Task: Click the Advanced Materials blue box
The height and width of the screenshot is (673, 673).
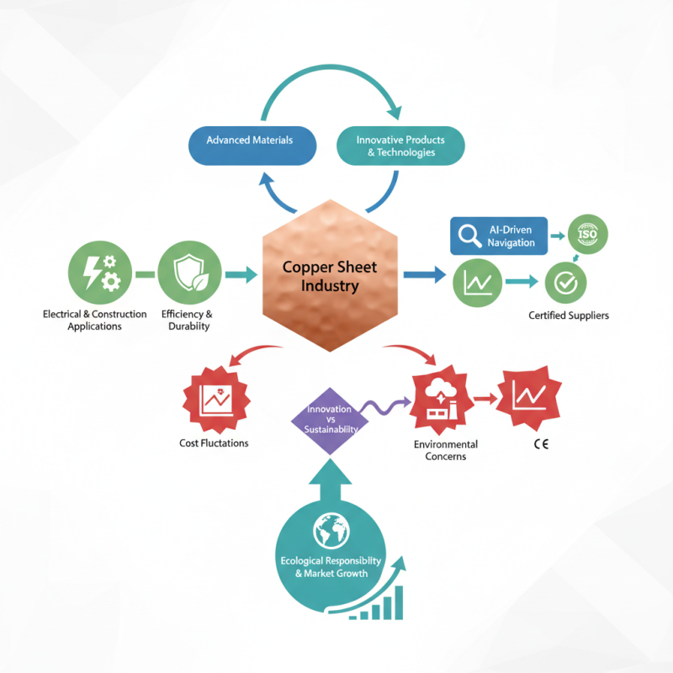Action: [250, 140]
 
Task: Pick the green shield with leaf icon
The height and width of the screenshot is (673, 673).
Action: [188, 273]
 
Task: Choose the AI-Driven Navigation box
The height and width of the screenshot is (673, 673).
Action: [498, 236]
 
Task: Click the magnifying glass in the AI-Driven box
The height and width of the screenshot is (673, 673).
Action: [467, 236]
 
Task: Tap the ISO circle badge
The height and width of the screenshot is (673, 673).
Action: [588, 235]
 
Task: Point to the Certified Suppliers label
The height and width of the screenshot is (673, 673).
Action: [569, 315]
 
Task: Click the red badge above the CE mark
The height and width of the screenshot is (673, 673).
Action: [529, 395]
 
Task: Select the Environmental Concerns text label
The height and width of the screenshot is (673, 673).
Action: [446, 450]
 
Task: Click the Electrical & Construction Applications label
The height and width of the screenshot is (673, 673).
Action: [95, 320]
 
